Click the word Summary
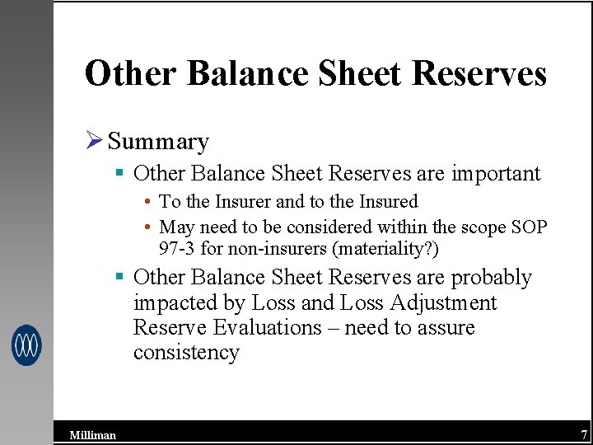pyautogui.click(x=158, y=142)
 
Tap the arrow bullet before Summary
pyautogui.click(x=94, y=141)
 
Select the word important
pyautogui.click(x=493, y=174)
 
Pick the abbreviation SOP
pyautogui.click(x=528, y=227)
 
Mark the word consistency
pyautogui.click(x=186, y=353)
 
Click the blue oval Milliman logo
pyautogui.click(x=26, y=344)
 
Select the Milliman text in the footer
pyautogui.click(x=92, y=435)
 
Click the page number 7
pyautogui.click(x=583, y=434)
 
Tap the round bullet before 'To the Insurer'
pyautogui.click(x=146, y=202)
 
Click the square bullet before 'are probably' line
pyautogui.click(x=119, y=278)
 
